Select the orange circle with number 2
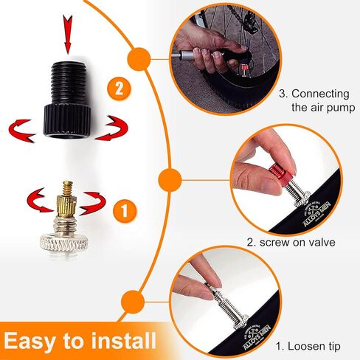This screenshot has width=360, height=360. click(x=121, y=90)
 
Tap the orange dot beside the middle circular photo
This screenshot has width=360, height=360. click(x=170, y=179)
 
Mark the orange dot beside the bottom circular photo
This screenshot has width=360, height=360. click(x=133, y=302)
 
